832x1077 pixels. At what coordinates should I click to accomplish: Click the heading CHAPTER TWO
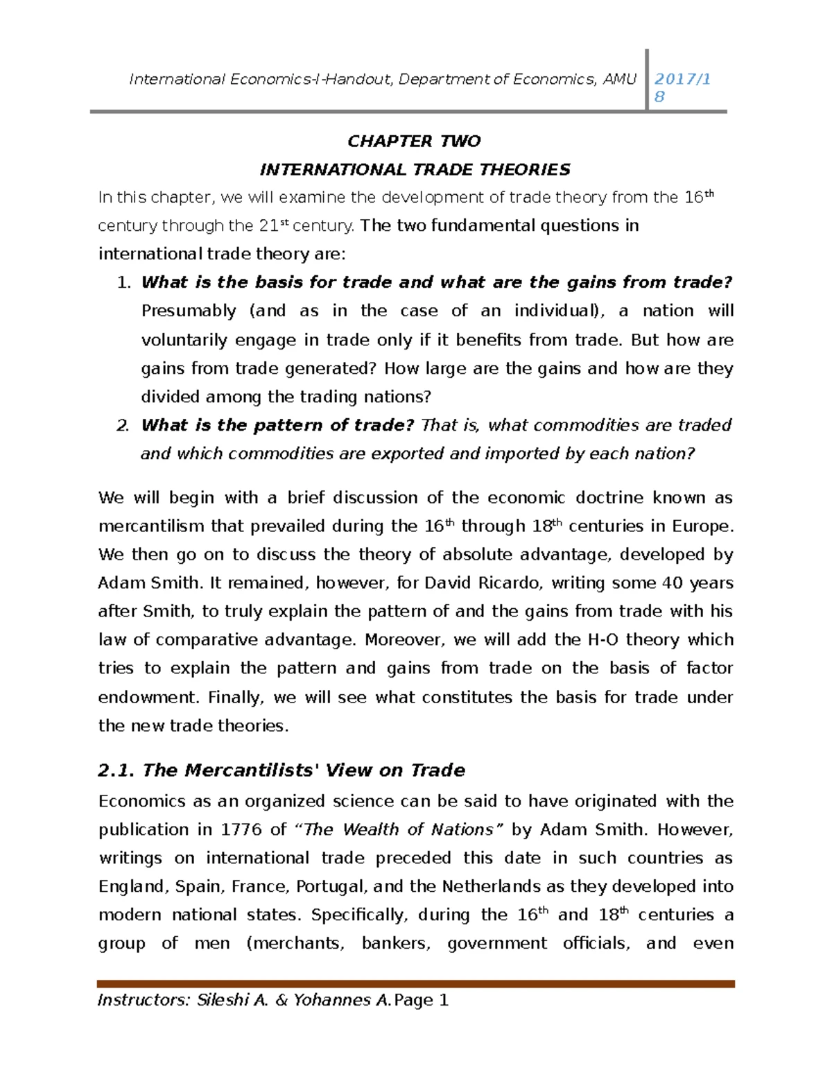(414, 141)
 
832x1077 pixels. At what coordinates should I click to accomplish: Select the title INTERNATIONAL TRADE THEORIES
(415, 170)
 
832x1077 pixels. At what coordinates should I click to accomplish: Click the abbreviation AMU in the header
(619, 79)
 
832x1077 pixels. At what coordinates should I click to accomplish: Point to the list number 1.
(123, 283)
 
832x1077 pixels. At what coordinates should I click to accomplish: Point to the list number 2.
(123, 426)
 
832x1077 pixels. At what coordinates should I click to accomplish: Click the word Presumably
(189, 311)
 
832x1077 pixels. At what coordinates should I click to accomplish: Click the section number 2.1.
(116, 770)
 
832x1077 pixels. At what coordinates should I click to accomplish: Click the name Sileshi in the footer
(223, 1000)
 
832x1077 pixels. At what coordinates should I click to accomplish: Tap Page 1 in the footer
(422, 1000)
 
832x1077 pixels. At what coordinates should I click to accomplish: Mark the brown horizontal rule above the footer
(415, 983)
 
